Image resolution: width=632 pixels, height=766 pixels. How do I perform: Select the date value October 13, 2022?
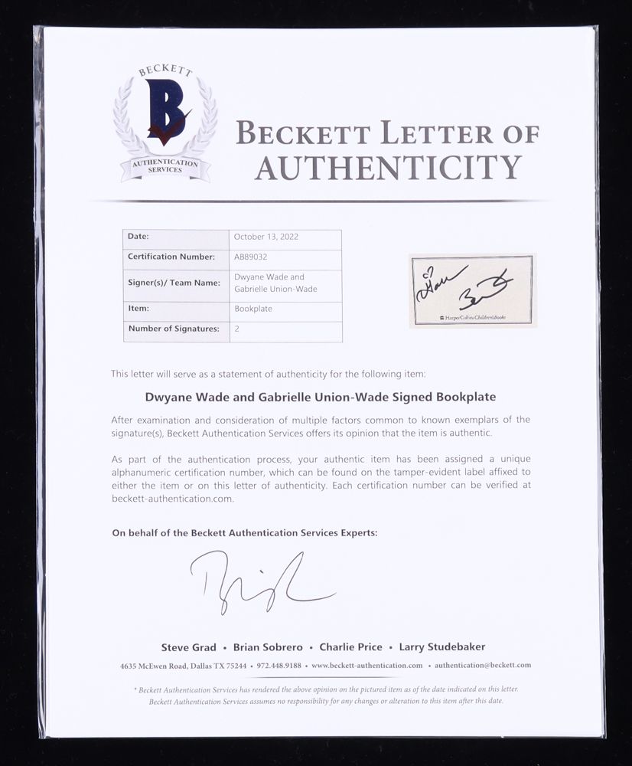tap(266, 237)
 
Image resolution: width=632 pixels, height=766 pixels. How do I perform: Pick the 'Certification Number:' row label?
tap(171, 257)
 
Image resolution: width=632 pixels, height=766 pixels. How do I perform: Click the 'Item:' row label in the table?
tap(138, 309)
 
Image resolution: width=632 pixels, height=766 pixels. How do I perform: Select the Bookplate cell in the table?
tap(253, 309)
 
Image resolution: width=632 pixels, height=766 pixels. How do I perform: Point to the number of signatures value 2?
tap(236, 329)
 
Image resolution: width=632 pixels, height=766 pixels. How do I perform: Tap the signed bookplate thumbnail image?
tap(472, 291)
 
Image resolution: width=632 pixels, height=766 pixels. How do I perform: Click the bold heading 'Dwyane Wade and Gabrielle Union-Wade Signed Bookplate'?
tap(320, 398)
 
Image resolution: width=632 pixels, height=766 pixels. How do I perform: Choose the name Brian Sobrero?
tap(268, 647)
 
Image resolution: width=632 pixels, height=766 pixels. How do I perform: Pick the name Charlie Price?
tap(352, 647)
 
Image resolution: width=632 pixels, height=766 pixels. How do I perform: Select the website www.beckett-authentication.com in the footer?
tap(366, 666)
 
